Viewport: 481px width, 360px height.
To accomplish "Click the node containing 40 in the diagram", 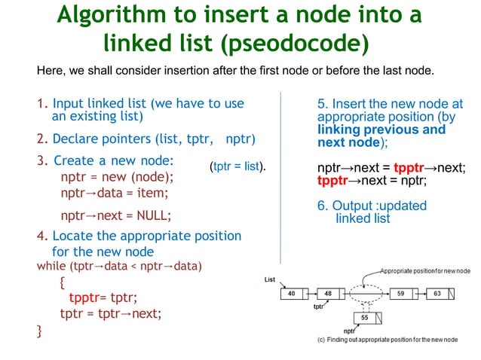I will (290, 293).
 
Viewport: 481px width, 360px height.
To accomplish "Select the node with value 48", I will (327, 293).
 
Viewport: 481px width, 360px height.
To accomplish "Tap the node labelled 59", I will (401, 293).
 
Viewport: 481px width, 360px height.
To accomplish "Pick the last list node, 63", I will (438, 293).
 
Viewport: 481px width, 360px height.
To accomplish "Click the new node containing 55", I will (364, 318).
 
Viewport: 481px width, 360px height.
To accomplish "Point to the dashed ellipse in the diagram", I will (364, 292).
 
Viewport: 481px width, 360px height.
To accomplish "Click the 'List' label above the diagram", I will (270, 279).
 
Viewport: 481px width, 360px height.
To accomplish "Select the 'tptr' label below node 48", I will (318, 307).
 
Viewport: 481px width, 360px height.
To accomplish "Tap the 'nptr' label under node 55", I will (350, 331).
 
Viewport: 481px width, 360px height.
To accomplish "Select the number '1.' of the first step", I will (42, 103).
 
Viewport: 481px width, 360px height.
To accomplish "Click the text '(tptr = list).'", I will (239, 166).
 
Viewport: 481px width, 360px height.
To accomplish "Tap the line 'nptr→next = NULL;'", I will (115, 214).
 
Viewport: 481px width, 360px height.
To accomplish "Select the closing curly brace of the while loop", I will (40, 330).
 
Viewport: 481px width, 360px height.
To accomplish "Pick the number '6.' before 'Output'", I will (324, 206).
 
